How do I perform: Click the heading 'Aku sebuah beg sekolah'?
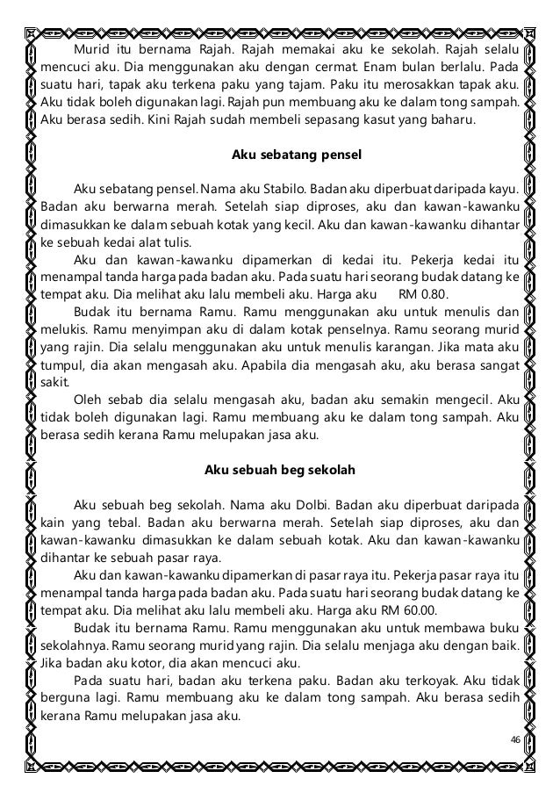[280, 470]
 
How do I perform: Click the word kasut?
[387, 120]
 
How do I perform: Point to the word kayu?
[503, 188]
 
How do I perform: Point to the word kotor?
[146, 662]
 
